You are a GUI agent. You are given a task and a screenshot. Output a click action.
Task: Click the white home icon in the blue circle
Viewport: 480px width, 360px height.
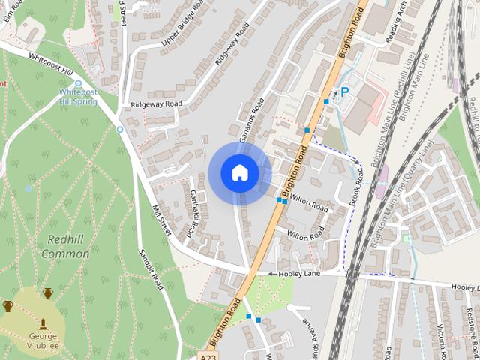point(240,173)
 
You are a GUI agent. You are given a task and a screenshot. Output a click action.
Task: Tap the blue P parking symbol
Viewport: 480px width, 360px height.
point(345,91)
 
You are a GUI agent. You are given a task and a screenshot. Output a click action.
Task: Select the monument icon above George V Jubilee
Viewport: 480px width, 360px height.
point(43,323)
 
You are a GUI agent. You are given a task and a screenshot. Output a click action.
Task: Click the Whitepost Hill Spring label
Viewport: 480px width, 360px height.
point(78,97)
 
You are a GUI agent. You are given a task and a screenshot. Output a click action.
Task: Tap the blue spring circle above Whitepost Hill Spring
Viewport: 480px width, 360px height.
point(78,83)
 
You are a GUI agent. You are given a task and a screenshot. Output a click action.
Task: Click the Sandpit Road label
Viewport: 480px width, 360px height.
point(152,271)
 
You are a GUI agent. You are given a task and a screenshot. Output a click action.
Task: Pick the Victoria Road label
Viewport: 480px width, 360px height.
point(442,341)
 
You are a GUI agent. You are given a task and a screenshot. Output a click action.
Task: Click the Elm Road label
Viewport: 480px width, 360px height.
point(18,13)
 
